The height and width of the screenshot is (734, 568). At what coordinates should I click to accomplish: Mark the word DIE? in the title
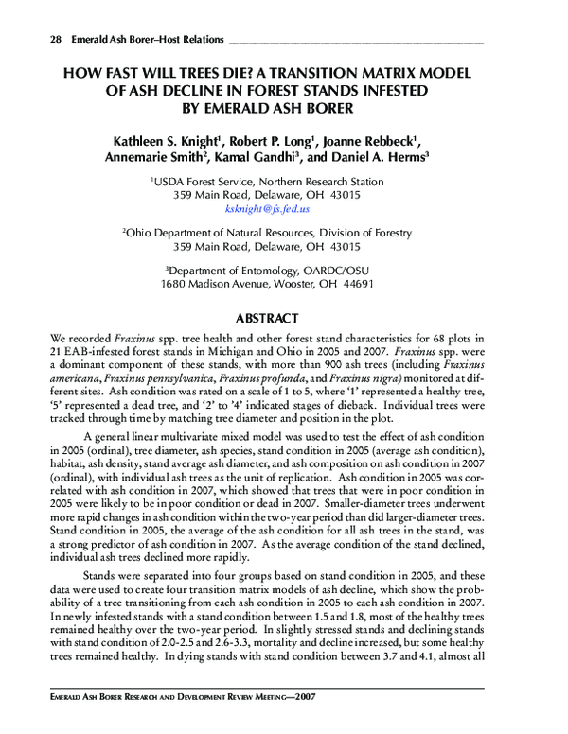click(x=225, y=72)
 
